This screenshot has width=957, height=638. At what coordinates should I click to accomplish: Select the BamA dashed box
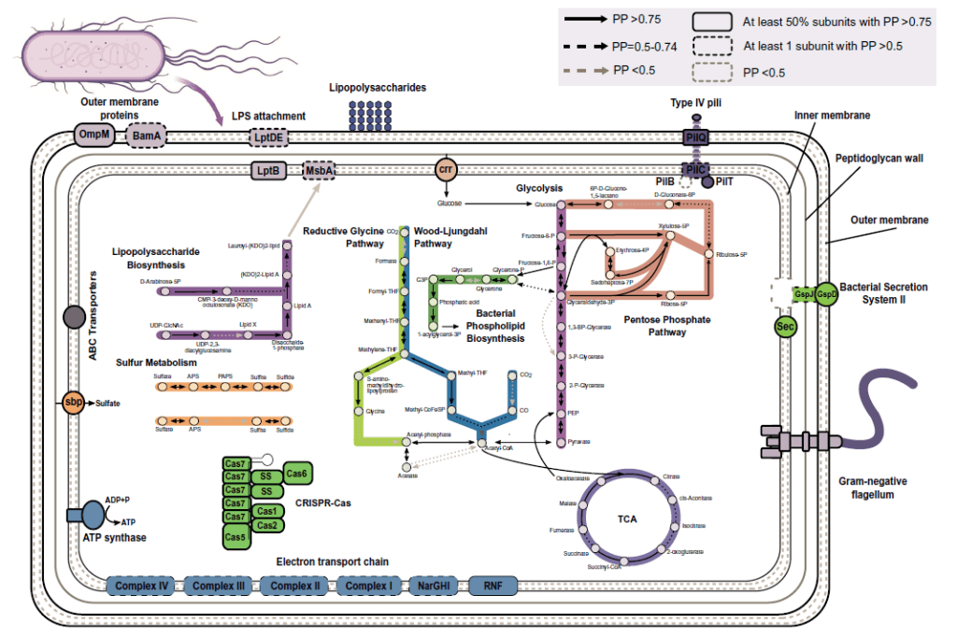click(146, 136)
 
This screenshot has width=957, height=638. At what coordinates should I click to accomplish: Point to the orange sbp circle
click(74, 404)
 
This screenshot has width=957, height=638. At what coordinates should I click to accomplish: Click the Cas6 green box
click(300, 475)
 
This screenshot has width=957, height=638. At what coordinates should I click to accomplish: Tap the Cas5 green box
click(236, 537)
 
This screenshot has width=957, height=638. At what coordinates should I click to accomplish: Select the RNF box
click(493, 587)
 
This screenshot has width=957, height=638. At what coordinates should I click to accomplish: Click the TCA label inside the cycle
click(627, 518)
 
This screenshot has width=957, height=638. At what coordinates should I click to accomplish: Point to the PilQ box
click(696, 137)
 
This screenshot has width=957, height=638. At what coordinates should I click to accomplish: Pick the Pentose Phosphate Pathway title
click(665, 325)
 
